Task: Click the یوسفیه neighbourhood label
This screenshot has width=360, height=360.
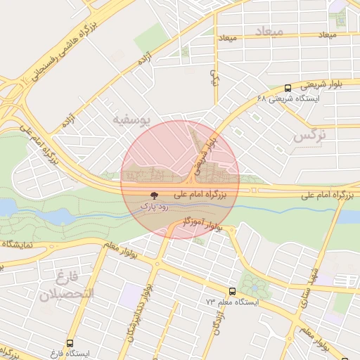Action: click(x=132, y=120)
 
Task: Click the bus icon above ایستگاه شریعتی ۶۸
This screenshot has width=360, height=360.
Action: click(x=288, y=89)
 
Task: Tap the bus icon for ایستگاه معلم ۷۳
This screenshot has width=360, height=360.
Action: click(x=232, y=291)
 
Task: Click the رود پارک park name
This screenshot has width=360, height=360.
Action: click(x=153, y=207)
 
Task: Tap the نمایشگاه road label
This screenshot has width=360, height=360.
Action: click(x=22, y=244)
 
